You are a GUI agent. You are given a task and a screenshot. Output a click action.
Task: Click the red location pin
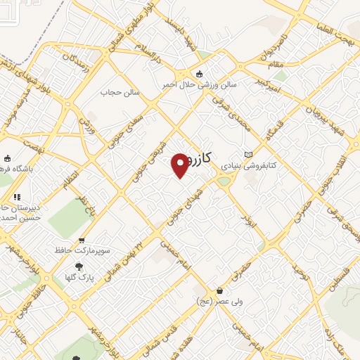(181, 165)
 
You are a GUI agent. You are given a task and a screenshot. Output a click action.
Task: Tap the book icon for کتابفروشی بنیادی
(247, 155)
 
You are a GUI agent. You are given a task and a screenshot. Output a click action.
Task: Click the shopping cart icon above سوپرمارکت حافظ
(83, 240)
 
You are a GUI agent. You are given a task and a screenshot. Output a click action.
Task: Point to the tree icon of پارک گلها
(79, 266)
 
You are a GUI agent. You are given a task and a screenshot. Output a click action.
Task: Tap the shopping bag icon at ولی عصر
(220, 290)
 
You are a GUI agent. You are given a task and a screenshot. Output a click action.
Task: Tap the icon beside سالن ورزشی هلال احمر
(198, 74)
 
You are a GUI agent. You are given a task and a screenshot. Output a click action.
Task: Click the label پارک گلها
(101, 277)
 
